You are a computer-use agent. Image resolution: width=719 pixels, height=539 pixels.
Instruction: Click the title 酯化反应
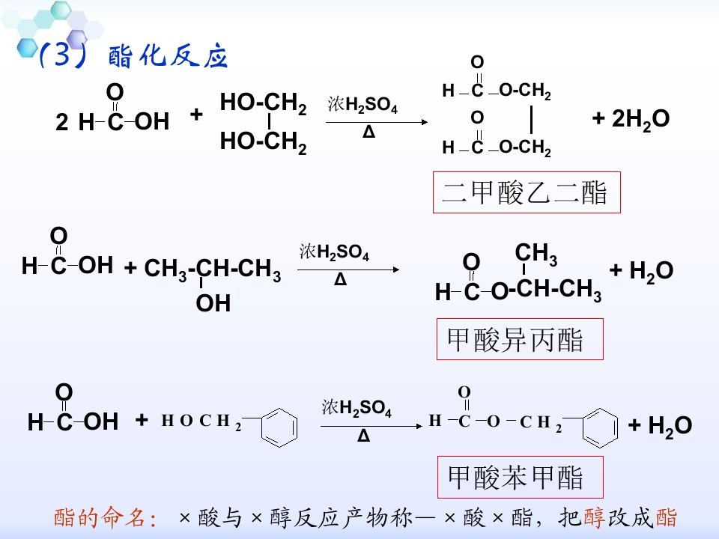[168, 56]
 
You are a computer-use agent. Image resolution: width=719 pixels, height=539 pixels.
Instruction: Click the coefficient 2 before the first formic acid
[62, 122]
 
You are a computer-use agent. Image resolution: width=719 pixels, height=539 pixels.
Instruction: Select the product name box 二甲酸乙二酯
[527, 192]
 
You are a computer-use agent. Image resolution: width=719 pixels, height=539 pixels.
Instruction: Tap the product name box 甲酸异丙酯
[520, 339]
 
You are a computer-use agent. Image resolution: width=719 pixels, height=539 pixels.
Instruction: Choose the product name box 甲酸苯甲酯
[520, 477]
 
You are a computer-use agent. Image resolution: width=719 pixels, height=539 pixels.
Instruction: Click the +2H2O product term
[631, 119]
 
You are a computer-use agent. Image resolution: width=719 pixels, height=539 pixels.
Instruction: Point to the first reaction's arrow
[377, 122]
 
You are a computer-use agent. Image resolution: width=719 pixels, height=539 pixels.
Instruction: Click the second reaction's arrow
[348, 269]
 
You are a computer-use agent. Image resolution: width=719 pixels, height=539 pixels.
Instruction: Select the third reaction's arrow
[371, 426]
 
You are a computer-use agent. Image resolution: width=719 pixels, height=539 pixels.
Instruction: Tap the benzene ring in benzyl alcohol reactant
[279, 427]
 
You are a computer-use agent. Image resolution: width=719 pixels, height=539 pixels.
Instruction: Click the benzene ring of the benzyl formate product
[600, 428]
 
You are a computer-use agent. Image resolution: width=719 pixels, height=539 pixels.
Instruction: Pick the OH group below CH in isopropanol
[213, 303]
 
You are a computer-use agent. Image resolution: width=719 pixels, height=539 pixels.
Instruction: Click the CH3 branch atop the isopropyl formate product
[536, 254]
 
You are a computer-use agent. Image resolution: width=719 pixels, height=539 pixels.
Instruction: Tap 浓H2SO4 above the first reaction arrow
[362, 104]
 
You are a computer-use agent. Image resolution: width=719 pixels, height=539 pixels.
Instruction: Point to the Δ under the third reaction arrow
[363, 435]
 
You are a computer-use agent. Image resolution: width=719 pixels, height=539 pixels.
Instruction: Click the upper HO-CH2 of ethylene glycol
[263, 103]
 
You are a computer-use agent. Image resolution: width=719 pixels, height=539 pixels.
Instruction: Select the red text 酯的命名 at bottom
[105, 518]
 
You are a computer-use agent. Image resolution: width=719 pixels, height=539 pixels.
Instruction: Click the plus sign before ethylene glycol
[196, 114]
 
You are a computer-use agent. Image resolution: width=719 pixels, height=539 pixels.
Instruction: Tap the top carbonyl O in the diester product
[477, 62]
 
